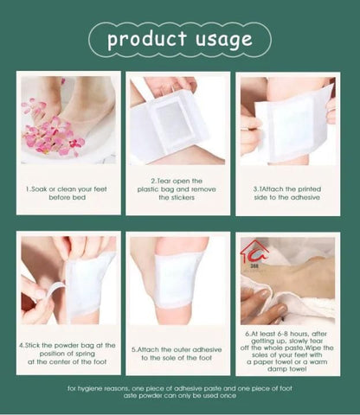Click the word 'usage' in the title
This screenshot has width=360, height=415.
[x=220, y=39]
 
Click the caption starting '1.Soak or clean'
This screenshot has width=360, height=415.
[x=67, y=192]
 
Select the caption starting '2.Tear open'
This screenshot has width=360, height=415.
[x=177, y=192]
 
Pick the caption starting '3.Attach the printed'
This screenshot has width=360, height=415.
[x=286, y=192]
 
